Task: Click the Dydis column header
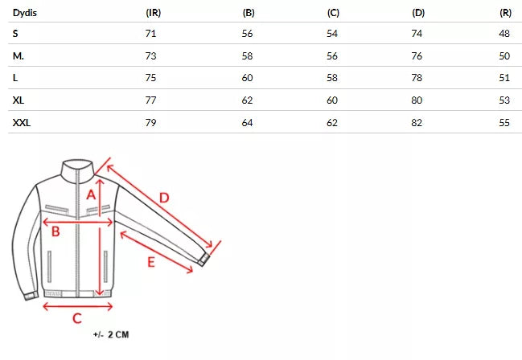tap(25, 13)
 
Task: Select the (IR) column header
tap(153, 13)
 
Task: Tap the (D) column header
tap(418, 13)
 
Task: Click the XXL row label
tap(22, 123)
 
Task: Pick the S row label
tap(15, 34)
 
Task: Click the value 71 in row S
tap(150, 34)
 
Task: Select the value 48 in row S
tap(504, 34)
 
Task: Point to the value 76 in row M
tap(417, 56)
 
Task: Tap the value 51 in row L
tap(504, 78)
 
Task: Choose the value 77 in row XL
tap(150, 100)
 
